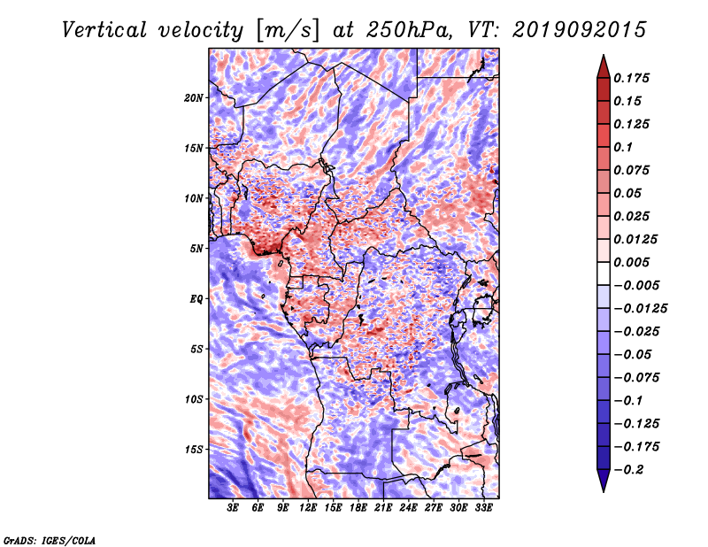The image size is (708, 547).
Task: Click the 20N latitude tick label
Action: coord(194,98)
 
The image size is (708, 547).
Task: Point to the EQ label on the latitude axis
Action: coord(196,299)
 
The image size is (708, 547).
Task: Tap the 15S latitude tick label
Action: coord(194,450)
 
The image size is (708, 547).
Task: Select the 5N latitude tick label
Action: coord(196,249)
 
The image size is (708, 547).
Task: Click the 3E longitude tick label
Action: coord(233,508)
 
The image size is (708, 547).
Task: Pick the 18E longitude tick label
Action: coord(358,508)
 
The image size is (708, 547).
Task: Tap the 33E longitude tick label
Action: coord(483,508)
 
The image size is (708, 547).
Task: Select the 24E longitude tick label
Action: coord(408,508)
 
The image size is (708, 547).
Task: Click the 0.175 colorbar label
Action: coord(631,78)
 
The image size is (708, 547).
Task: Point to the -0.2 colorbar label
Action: coord(628,470)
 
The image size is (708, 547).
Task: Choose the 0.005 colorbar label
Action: coord(631,262)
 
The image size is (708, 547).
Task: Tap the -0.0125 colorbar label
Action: coord(640,309)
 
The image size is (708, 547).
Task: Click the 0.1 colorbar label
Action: coord(623,147)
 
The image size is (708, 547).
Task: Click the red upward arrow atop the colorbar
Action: coord(604,67)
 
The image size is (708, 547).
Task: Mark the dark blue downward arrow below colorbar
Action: coord(604,481)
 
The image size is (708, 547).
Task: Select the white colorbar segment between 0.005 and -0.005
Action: coord(604,273)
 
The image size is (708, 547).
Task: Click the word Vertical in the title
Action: coord(104,30)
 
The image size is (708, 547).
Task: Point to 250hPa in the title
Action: coord(409,30)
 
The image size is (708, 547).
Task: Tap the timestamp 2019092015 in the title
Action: coord(580,30)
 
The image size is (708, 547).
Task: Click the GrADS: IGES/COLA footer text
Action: coord(50,540)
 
